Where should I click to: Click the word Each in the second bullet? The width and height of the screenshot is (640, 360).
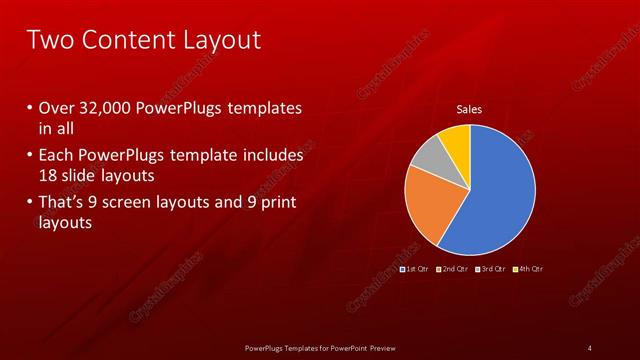click(x=56, y=156)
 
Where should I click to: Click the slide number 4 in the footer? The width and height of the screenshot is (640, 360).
click(x=589, y=347)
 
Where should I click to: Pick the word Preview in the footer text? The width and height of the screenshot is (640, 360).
click(x=391, y=347)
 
